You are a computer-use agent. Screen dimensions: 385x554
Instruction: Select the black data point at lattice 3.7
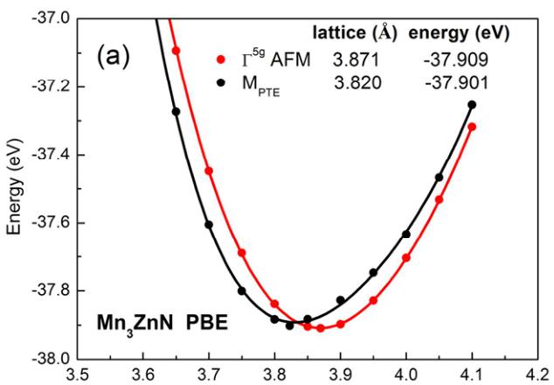pos(209,225)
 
